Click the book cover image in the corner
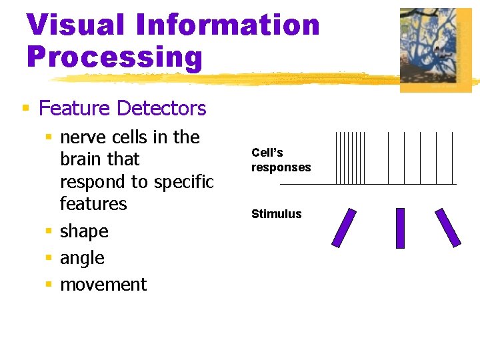pos(435,49)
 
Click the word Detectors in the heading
pos(161,108)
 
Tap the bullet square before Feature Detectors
pos(25,108)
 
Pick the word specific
pos(183,182)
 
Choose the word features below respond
pos(93,204)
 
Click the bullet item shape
pos(84,231)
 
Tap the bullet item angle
pos(82,258)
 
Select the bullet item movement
pos(103,285)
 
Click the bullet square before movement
pos(48,285)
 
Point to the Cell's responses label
pos(281,160)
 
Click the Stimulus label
pos(276,214)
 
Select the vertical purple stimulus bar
pos(400,228)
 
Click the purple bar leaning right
pos(345,227)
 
